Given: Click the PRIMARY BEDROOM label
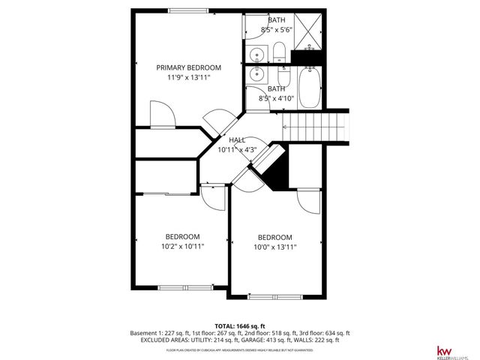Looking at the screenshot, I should click(188, 67).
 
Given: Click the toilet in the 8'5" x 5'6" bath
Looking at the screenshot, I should click(278, 52).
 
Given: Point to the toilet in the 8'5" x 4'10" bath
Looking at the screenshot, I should click(283, 78).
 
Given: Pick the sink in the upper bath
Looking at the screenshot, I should click(257, 54).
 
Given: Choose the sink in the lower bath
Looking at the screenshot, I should click(257, 73).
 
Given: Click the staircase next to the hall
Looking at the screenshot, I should click(316, 124).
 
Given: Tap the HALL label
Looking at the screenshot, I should click(237, 140).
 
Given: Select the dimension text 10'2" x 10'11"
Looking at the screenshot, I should click(183, 245).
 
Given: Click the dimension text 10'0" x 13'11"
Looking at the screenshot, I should click(275, 247).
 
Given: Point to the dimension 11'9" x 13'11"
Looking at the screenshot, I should click(188, 77).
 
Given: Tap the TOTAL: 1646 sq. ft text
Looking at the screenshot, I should click(239, 325).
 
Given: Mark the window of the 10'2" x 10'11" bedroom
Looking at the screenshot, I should click(184, 287).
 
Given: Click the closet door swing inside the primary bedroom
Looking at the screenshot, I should click(163, 115).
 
